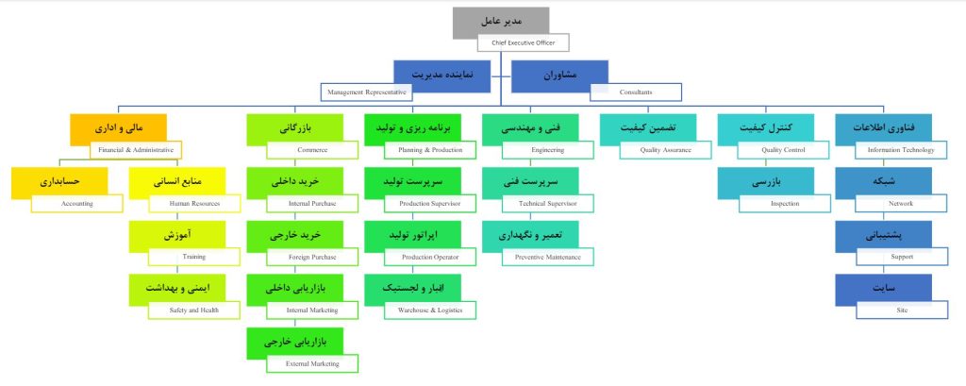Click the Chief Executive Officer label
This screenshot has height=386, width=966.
tap(523, 42)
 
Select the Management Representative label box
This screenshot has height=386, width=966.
tap(366, 92)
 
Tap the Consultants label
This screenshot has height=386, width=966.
tap(635, 92)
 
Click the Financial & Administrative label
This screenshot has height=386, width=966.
tap(137, 149)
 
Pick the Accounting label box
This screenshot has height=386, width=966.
tap(76, 203)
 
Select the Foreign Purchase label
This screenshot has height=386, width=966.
tap(312, 256)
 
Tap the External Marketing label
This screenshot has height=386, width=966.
tap(312, 362)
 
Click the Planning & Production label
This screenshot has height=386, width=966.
tap(430, 149)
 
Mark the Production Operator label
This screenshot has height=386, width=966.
tap(430, 256)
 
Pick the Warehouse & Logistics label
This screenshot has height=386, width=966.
tap(430, 310)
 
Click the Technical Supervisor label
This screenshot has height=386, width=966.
tap(547, 203)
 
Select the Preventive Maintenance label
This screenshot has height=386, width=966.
tap(547, 256)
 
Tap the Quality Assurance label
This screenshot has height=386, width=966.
tap(665, 149)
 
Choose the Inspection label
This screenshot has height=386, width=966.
tap(783, 203)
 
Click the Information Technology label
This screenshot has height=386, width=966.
tap(900, 149)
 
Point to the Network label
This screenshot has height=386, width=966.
tap(900, 203)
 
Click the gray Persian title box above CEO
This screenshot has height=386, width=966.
tap(500, 20)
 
